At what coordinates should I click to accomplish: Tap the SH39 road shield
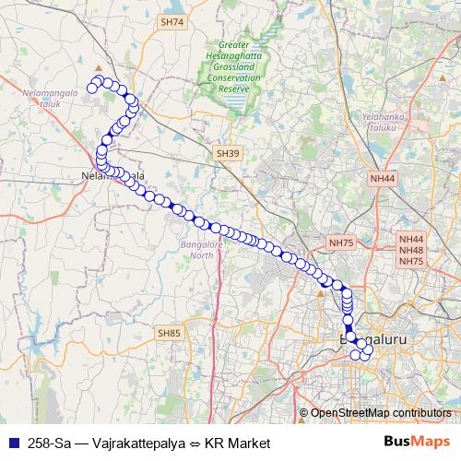tap(228, 153)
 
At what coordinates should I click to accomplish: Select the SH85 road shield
tap(170, 333)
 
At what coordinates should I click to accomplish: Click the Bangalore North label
tap(194, 250)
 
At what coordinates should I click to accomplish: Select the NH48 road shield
tap(411, 250)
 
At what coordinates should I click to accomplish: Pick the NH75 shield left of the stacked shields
tap(341, 242)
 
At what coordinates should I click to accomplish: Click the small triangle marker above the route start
tap(99, 66)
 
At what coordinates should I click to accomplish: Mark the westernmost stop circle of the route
tap(92, 89)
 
